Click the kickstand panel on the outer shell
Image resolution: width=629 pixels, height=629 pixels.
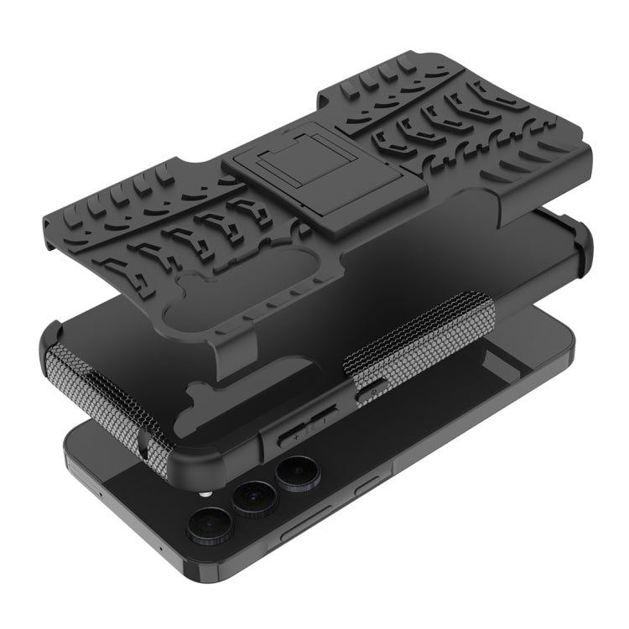pos(281,181)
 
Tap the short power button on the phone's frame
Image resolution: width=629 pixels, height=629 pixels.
pos(366,487)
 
